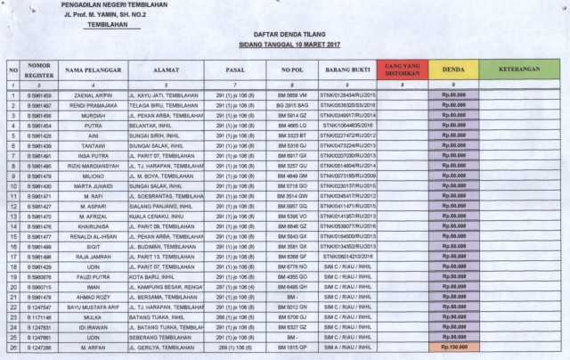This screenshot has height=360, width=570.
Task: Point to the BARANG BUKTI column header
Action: tap(346, 69)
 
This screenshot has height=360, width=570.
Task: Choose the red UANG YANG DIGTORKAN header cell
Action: tap(400, 69)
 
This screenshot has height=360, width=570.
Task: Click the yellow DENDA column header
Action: tap(454, 69)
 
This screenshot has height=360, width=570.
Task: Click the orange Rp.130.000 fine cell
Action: tap(454, 347)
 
